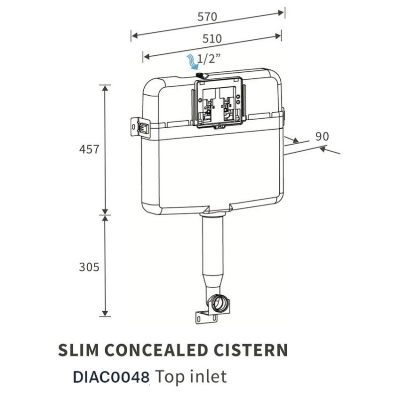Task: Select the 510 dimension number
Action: [x=211, y=38]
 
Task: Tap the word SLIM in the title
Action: [x=80, y=350]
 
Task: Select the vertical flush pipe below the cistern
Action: [x=213, y=254]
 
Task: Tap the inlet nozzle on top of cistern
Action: [x=202, y=75]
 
